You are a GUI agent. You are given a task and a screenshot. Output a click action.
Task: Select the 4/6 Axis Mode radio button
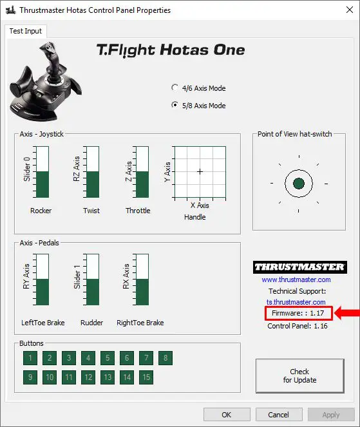(175, 88)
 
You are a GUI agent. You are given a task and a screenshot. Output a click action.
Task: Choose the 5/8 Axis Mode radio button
(175, 106)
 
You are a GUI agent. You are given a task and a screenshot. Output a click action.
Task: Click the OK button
(227, 414)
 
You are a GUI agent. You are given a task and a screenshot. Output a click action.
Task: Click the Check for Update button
(299, 375)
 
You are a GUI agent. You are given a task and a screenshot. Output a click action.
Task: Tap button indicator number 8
(166, 358)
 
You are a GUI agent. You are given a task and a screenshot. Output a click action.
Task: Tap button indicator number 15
(146, 377)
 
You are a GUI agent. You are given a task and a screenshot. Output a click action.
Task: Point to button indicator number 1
(30, 358)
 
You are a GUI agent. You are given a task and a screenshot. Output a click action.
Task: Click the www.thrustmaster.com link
(296, 280)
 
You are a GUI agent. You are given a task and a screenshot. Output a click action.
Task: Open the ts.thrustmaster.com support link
(296, 301)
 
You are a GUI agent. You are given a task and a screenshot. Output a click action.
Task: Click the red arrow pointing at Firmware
(346, 314)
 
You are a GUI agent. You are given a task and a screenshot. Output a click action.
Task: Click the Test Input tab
(25, 31)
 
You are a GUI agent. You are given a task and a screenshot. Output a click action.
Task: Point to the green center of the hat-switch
(298, 184)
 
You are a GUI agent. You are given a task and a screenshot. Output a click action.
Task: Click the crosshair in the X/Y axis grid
(200, 171)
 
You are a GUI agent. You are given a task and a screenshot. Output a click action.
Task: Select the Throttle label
(138, 211)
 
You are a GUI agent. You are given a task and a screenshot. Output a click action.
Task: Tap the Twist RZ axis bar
(91, 172)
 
